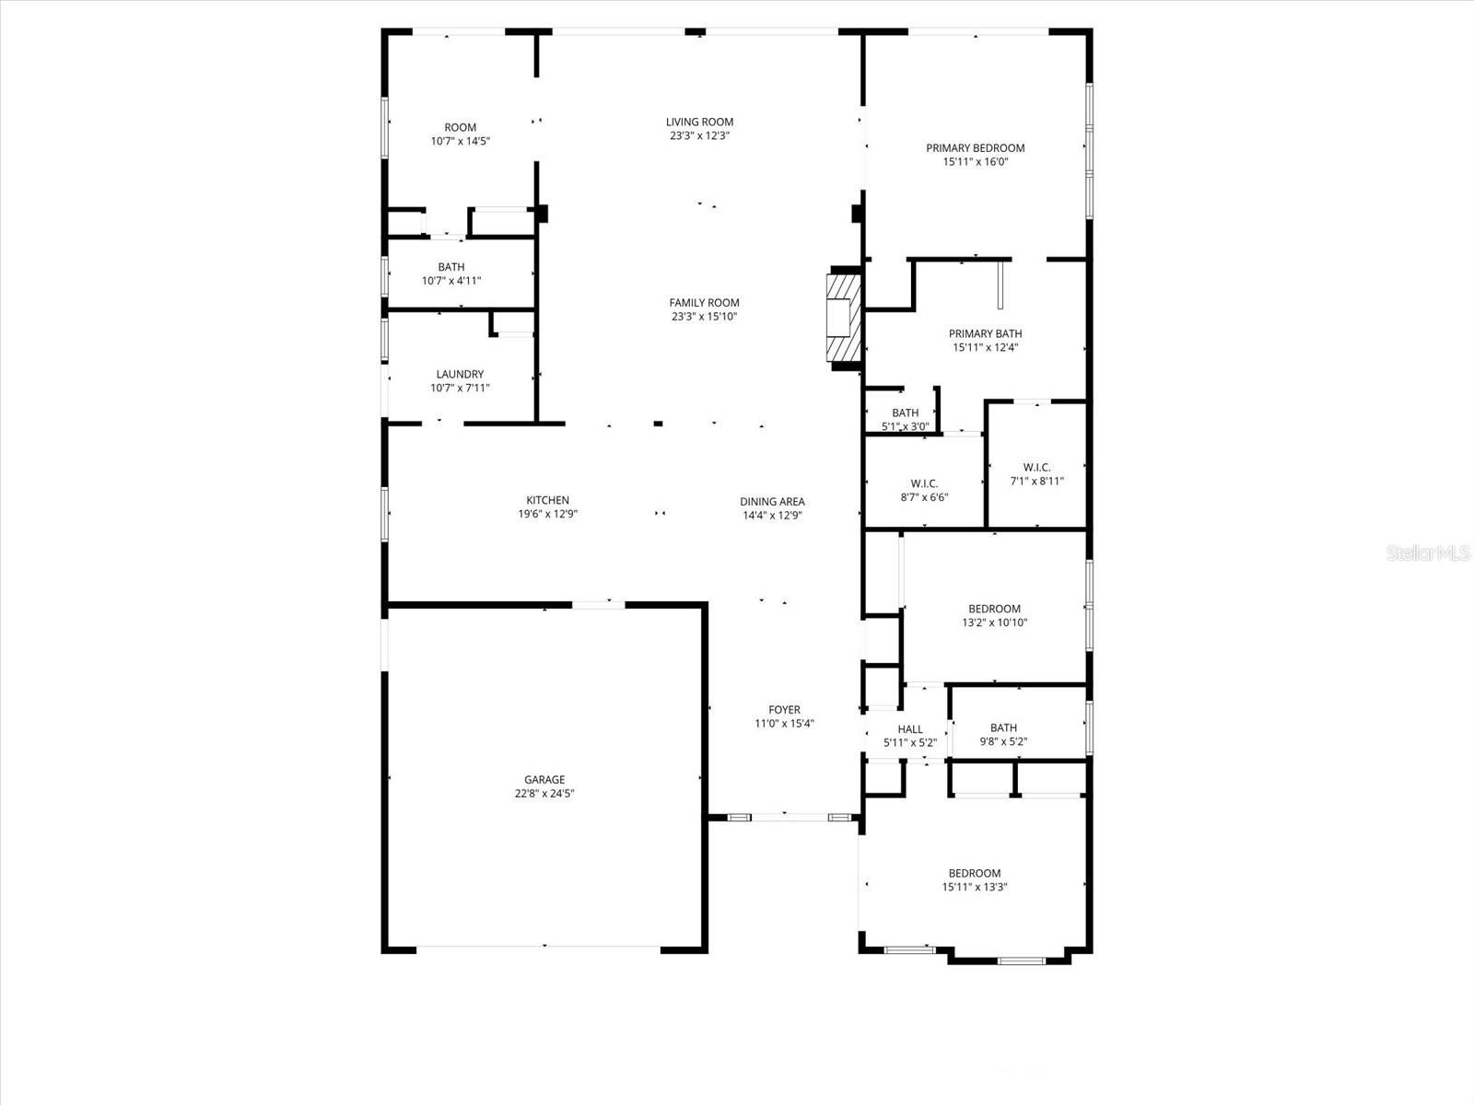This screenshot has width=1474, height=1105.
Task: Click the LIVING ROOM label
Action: [x=699, y=122]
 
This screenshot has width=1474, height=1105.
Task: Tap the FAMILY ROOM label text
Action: [x=704, y=303]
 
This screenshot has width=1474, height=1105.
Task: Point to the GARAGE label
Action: [x=544, y=780]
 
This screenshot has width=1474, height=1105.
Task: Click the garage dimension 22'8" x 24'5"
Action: [x=544, y=794]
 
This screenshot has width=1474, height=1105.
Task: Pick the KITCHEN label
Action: [x=547, y=501]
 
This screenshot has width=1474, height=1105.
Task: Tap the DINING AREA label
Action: [x=772, y=502]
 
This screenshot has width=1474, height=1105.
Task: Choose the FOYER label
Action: [x=784, y=710]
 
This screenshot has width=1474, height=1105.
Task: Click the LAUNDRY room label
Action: [x=460, y=375]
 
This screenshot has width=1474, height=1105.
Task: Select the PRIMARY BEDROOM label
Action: [x=975, y=148]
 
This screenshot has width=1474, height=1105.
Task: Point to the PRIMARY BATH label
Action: [x=985, y=334]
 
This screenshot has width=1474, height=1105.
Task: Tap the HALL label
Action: [x=909, y=729]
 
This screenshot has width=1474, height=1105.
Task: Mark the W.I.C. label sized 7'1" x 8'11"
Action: [x=1036, y=468]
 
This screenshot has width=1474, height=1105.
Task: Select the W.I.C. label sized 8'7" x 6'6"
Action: [x=924, y=484]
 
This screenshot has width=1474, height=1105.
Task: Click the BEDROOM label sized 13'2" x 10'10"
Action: [x=994, y=609]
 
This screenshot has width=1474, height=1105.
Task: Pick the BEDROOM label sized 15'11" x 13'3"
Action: [x=975, y=874]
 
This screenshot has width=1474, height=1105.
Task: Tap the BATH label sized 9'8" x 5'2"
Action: [x=1003, y=727]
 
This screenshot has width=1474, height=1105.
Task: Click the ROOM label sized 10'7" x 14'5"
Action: [x=460, y=128]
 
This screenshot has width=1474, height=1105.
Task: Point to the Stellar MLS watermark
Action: [x=1433, y=553]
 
